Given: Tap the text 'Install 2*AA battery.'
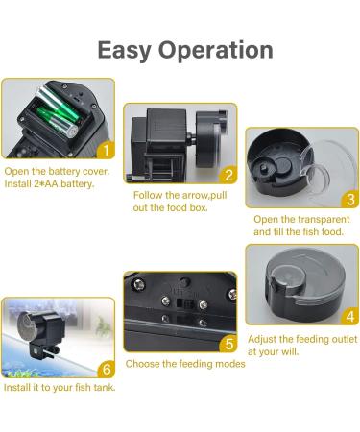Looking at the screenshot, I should click(50, 183).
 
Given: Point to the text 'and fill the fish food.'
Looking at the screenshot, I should click(299, 231).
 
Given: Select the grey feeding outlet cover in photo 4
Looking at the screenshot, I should click(300, 285).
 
